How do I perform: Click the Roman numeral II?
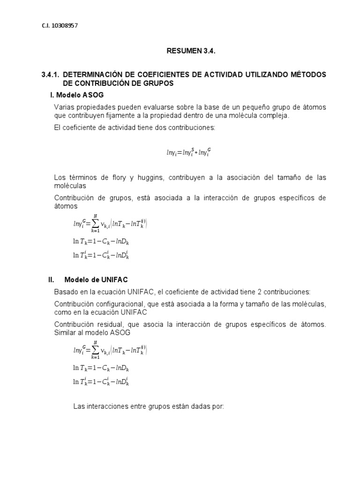click(x=52, y=279)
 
